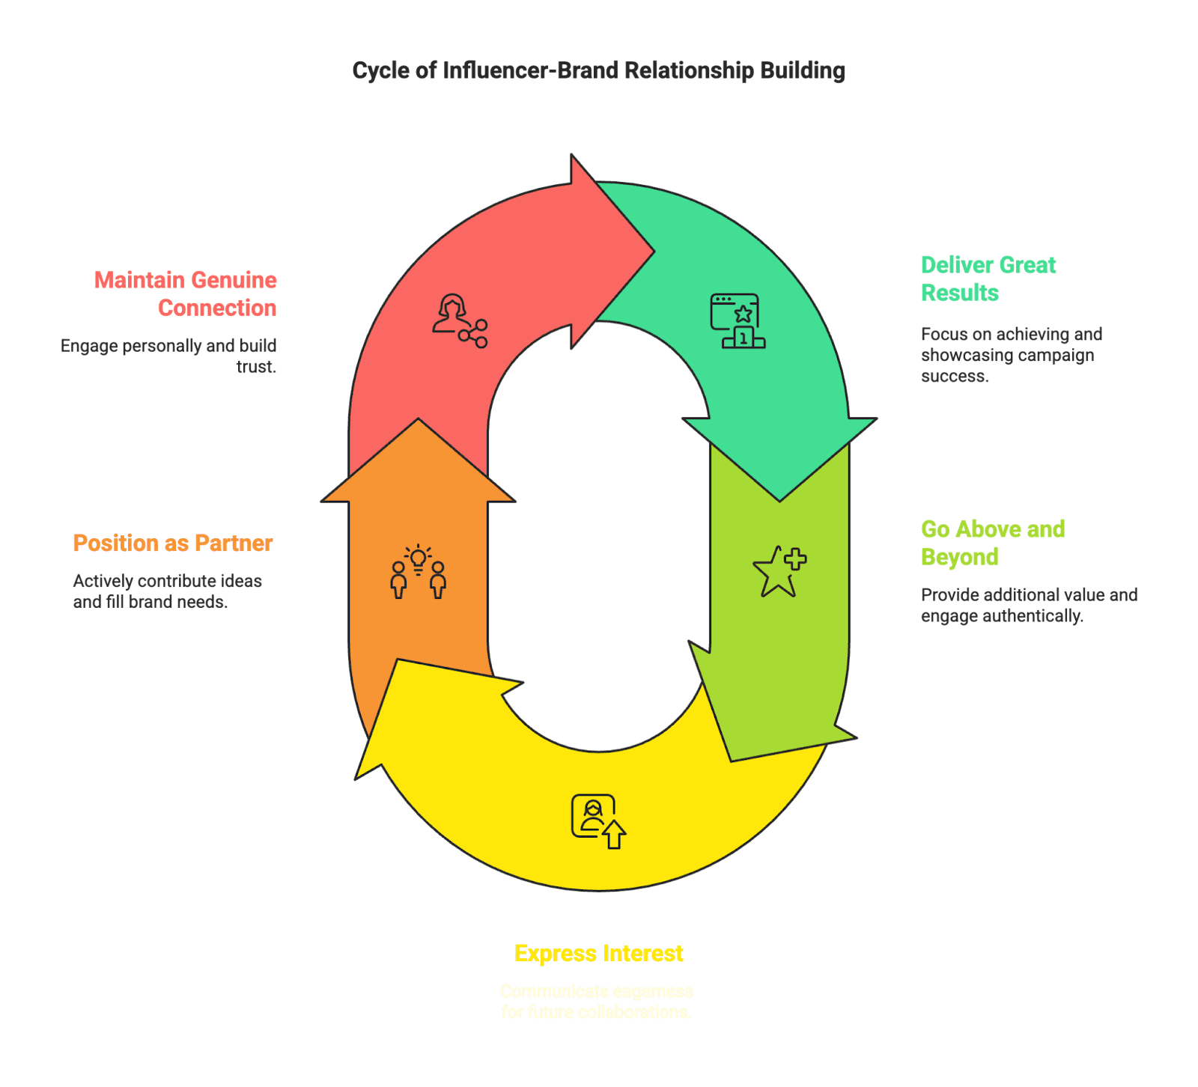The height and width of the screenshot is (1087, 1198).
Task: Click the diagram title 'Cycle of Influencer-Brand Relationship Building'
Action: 598,70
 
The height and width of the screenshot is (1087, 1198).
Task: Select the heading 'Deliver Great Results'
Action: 988,278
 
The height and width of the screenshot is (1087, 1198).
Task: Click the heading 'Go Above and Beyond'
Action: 992,543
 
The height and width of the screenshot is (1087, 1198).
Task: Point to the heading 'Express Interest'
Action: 598,953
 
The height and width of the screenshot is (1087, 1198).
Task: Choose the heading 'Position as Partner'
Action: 172,543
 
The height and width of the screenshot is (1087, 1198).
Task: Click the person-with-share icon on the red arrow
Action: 460,321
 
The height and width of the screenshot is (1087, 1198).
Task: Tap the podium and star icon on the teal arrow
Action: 738,321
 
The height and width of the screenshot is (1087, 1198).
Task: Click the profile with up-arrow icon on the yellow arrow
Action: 598,821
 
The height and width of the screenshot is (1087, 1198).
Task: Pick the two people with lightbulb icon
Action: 418,571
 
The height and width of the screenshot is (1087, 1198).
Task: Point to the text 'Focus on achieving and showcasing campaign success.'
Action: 1011,355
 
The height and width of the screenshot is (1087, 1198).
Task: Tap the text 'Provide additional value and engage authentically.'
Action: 1029,605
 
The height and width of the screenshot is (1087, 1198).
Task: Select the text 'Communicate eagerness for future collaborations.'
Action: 597,1001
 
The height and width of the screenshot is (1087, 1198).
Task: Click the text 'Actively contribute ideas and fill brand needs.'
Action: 168,591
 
